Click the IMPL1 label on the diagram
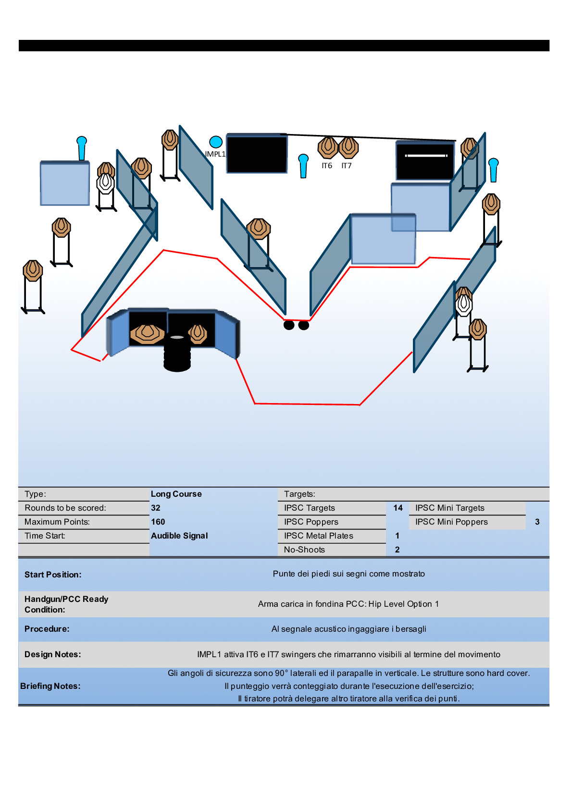pos(215,154)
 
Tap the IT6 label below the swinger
pos(327,166)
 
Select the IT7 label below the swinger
pos(347,166)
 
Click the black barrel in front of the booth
pos(177,354)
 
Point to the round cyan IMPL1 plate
pos(216,142)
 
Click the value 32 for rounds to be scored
pos(156,508)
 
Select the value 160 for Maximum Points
pos(158,522)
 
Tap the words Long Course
pos(176,494)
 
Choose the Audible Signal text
pos(179,536)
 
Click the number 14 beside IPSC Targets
pos(398,508)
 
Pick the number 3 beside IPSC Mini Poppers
pos(537,522)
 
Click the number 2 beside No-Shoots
pos(398,550)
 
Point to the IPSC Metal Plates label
pos(319,536)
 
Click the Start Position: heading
pos(53,575)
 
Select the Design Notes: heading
pos(53,654)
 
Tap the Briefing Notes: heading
pos(50,686)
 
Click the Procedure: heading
pos(47,629)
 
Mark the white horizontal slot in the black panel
pos(426,156)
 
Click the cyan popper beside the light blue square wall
pos(82,148)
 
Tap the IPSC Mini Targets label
pos(450,508)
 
